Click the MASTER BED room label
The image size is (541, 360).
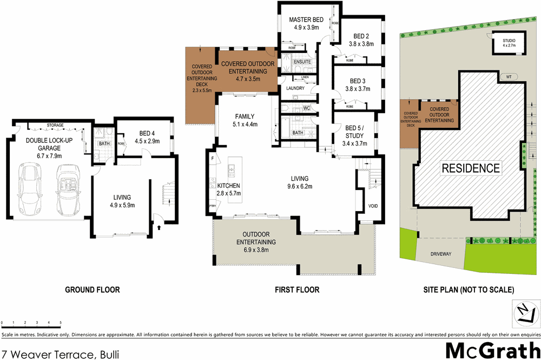307,20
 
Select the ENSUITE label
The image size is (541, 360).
302,62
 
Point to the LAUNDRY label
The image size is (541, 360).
287,88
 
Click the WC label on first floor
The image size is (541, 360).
306,108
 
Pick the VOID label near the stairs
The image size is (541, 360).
372,206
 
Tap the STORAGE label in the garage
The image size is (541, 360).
55,125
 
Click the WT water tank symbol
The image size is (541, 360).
509,76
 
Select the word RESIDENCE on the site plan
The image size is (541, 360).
471,168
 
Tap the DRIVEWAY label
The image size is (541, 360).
441,253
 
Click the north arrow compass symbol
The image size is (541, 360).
525,313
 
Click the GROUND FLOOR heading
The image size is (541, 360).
93,290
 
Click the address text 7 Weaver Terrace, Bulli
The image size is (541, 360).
60,355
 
